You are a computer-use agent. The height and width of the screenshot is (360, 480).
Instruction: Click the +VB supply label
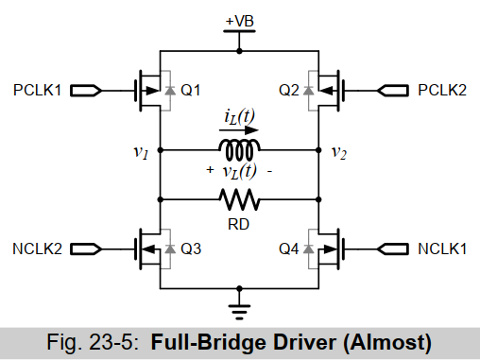[240, 21]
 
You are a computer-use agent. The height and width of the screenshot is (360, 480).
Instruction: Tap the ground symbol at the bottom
[239, 312]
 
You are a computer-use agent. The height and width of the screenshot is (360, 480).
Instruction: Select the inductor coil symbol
[239, 149]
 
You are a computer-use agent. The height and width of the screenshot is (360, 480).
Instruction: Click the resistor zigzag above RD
[239, 199]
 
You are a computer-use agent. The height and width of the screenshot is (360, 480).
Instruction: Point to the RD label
[238, 225]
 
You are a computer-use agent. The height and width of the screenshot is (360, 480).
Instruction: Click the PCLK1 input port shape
[86, 91]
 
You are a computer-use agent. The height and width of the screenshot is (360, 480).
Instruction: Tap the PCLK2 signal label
[442, 91]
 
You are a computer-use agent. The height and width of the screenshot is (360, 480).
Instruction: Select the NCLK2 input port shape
[86, 249]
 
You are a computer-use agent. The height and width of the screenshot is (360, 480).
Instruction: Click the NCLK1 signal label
[442, 249]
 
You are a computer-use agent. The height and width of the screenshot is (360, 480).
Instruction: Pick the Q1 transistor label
[191, 91]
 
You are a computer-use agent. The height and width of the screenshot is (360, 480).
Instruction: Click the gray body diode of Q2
[308, 91]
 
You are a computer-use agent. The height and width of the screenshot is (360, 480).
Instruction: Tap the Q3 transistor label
[191, 249]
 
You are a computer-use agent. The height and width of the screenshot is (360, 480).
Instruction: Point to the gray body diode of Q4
[308, 249]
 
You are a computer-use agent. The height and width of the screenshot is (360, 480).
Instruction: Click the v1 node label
[141, 152]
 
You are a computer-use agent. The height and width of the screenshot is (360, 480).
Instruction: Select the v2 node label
[339, 153]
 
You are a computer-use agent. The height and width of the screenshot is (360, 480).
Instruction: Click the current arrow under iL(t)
[239, 129]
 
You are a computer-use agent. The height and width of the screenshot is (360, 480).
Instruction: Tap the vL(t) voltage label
[239, 172]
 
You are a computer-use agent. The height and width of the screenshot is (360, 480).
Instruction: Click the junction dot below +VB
[239, 51]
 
